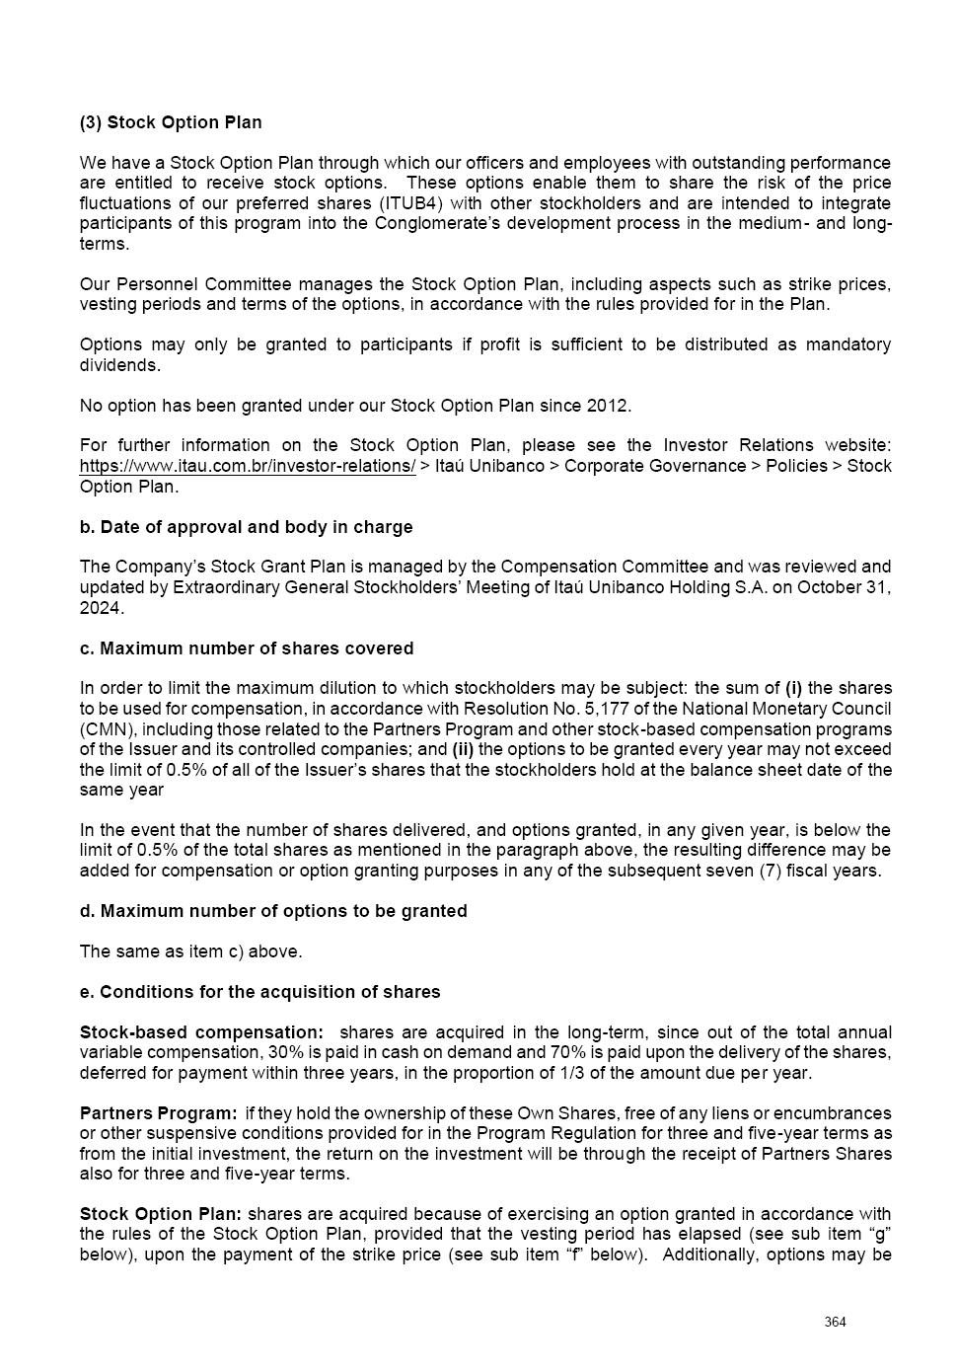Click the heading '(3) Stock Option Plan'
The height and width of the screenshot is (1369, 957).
point(171,122)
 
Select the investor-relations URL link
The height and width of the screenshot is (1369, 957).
point(248,466)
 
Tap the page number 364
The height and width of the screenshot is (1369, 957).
point(836,1323)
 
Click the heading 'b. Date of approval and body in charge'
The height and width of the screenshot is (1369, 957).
point(246,527)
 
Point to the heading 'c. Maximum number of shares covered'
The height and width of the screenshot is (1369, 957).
point(247,648)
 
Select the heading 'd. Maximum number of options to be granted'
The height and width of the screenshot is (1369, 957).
point(273,911)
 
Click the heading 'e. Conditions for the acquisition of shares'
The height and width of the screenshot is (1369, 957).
point(259,991)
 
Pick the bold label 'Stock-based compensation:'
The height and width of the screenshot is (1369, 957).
point(201,1032)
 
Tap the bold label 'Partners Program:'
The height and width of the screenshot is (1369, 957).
point(158,1113)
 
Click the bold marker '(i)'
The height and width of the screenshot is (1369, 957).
point(794,688)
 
